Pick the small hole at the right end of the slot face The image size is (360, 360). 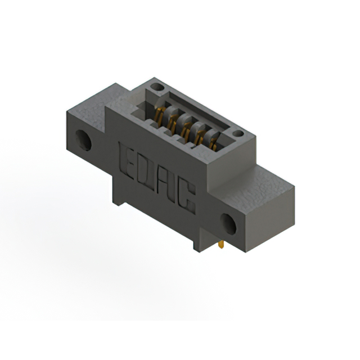(x=238, y=134)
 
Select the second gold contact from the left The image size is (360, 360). (x=172, y=122)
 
